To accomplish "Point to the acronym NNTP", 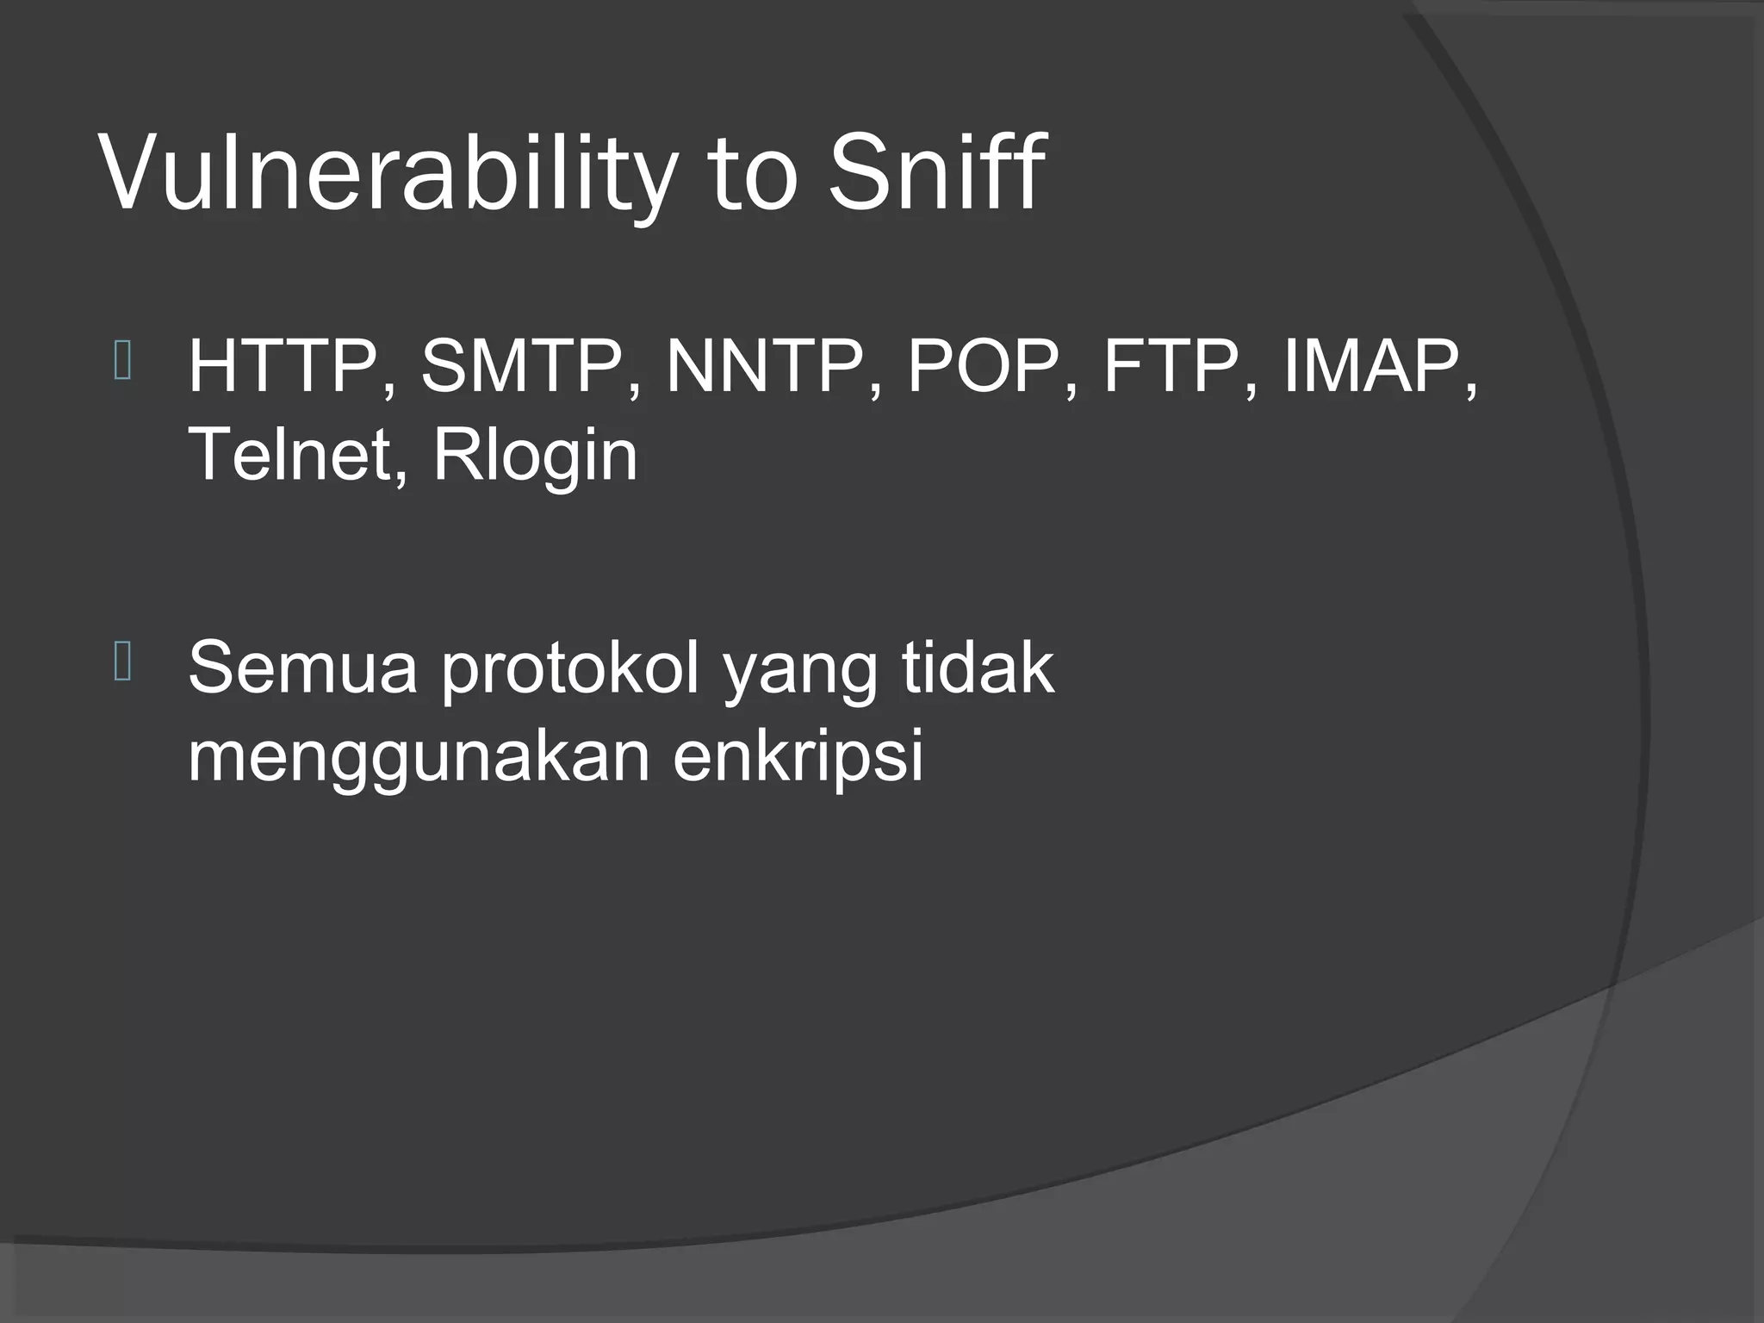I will pyautogui.click(x=766, y=368).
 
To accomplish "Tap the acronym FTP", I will pyautogui.click(x=1172, y=368).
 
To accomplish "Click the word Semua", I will pyautogui.click(x=302, y=668).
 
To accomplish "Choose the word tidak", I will pyautogui.click(x=978, y=668).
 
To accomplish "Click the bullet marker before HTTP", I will pyautogui.click(x=122, y=362).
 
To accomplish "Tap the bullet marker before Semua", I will pyautogui.click(x=122, y=662).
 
